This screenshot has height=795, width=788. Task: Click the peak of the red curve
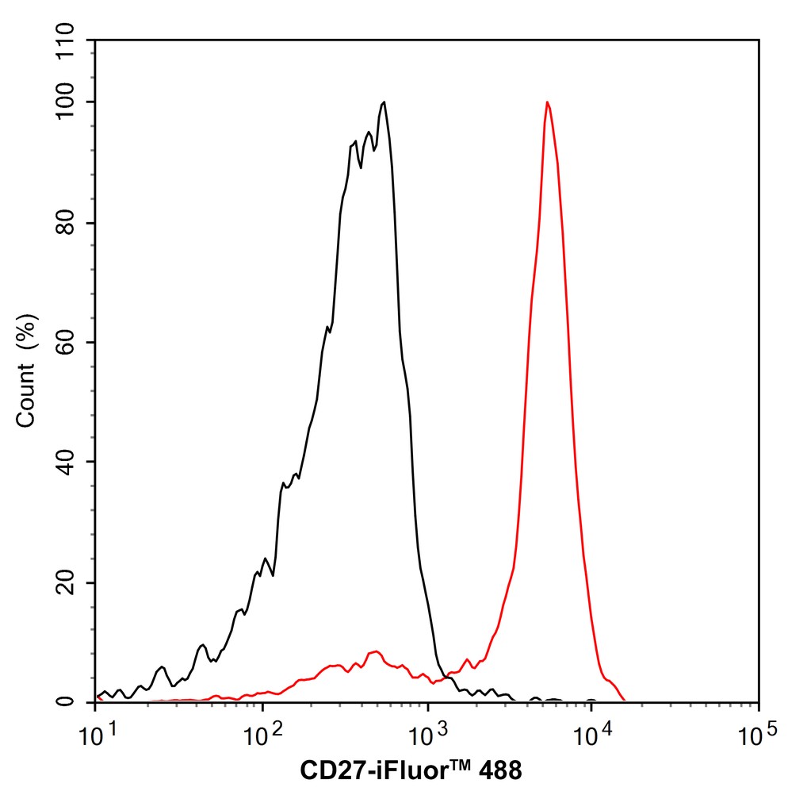(x=547, y=102)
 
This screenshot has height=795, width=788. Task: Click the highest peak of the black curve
(x=384, y=102)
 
